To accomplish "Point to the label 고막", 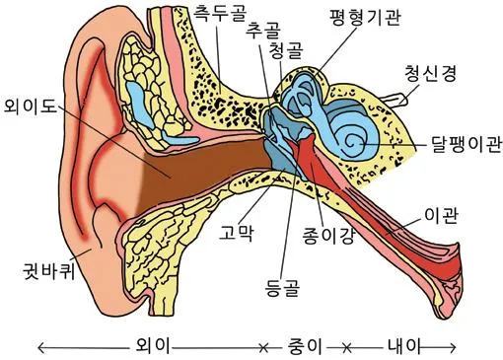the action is coord(238,235).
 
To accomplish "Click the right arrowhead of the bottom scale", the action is coord(453,346).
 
